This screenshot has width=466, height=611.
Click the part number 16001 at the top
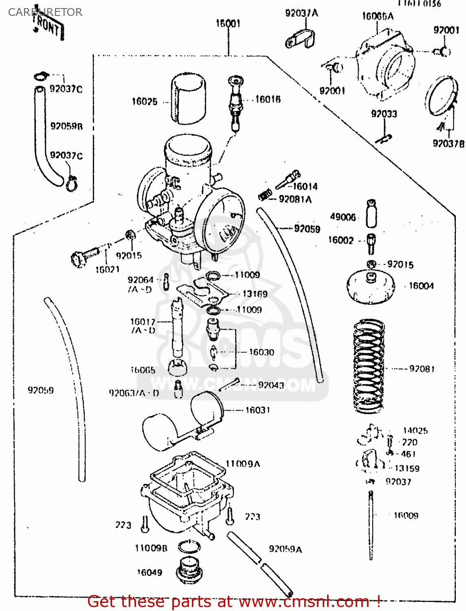[228, 23]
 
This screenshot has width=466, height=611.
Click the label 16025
[145, 101]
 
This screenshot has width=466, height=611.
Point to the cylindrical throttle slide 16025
[188, 99]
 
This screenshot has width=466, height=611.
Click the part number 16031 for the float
[257, 410]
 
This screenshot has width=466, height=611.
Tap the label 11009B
[151, 548]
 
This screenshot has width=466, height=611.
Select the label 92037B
[448, 143]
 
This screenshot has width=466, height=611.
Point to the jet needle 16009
[371, 525]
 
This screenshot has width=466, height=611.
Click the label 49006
[343, 217]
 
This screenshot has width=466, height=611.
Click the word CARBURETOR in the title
[45, 12]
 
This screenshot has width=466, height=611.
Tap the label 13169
[255, 294]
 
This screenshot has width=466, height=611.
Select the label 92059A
[285, 549]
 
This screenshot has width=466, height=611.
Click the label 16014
[305, 186]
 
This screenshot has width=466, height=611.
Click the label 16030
[262, 352]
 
